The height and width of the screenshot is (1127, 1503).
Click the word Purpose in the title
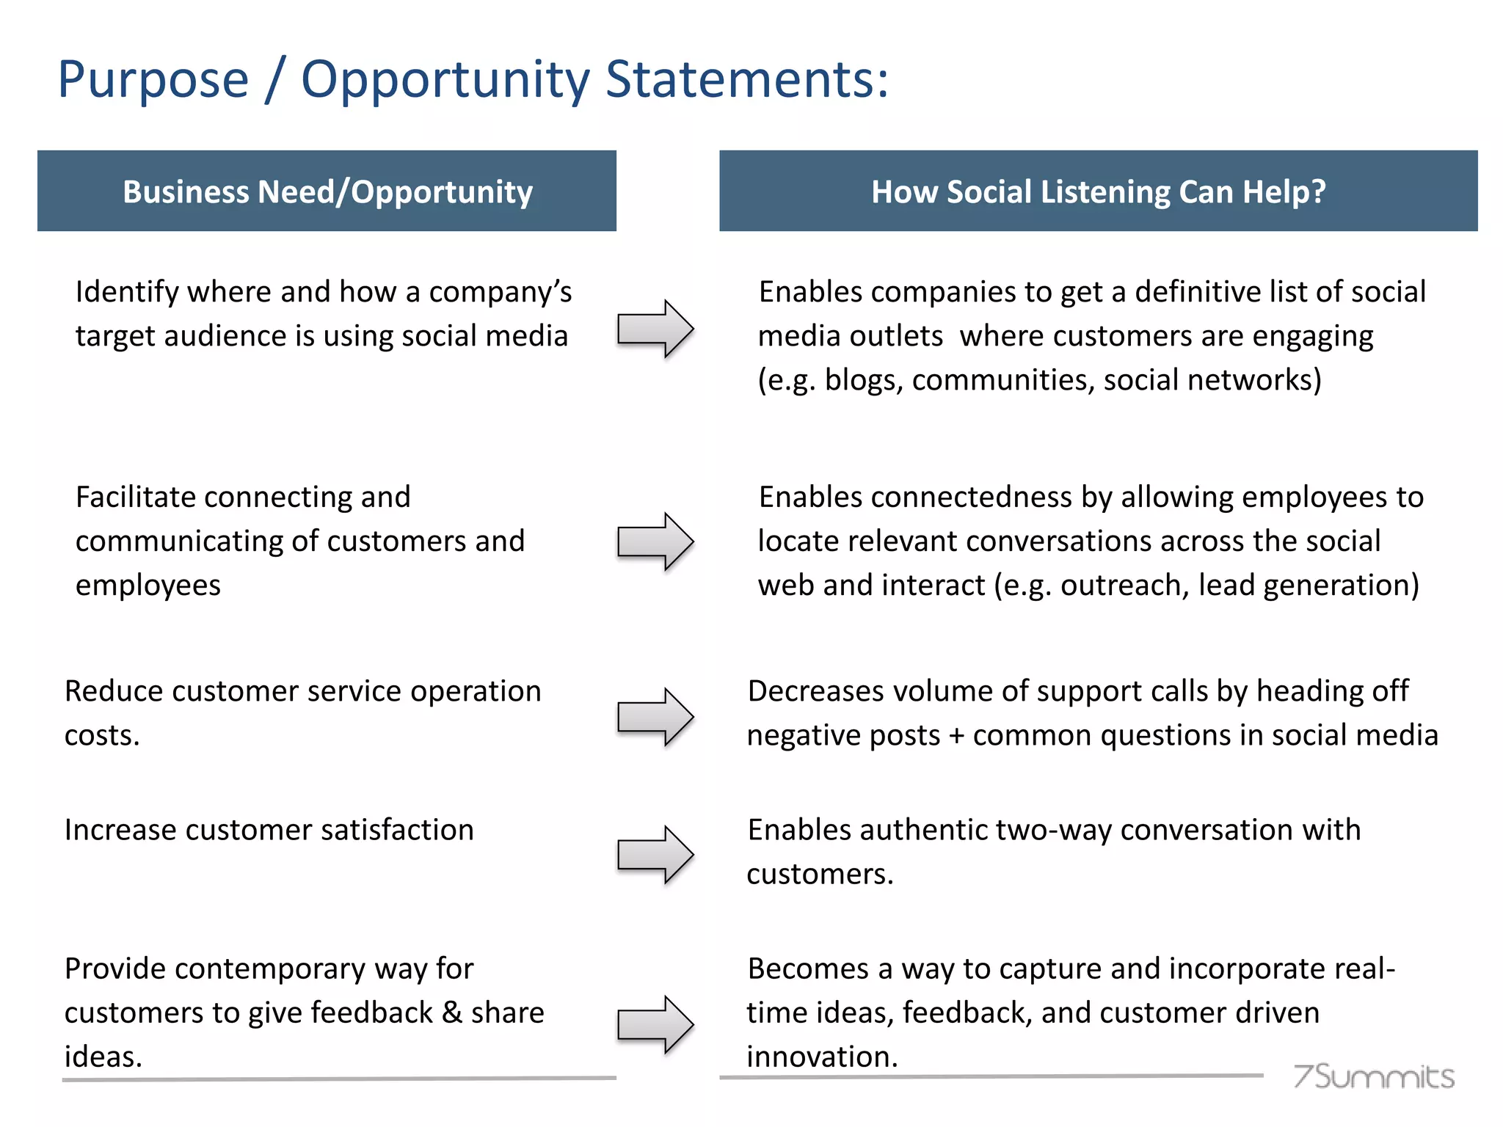coord(153,81)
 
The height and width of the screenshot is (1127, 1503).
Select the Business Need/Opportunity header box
coord(327,192)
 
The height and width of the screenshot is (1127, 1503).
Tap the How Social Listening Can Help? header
coord(1098,192)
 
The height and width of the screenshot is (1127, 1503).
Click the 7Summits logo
coord(1373,1076)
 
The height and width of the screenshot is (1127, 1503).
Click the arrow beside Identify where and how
coord(655,329)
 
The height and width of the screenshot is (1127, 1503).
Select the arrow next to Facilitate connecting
coord(655,541)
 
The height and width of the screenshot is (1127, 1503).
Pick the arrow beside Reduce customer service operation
coord(655,717)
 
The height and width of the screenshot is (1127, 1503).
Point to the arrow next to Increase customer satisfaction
coord(655,855)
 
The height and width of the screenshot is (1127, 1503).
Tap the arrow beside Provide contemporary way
coord(655,1024)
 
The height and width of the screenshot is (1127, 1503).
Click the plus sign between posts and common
coord(956,736)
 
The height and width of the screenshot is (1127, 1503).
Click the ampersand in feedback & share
coord(452,1013)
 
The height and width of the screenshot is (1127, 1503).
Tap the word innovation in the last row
coord(821,1057)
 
